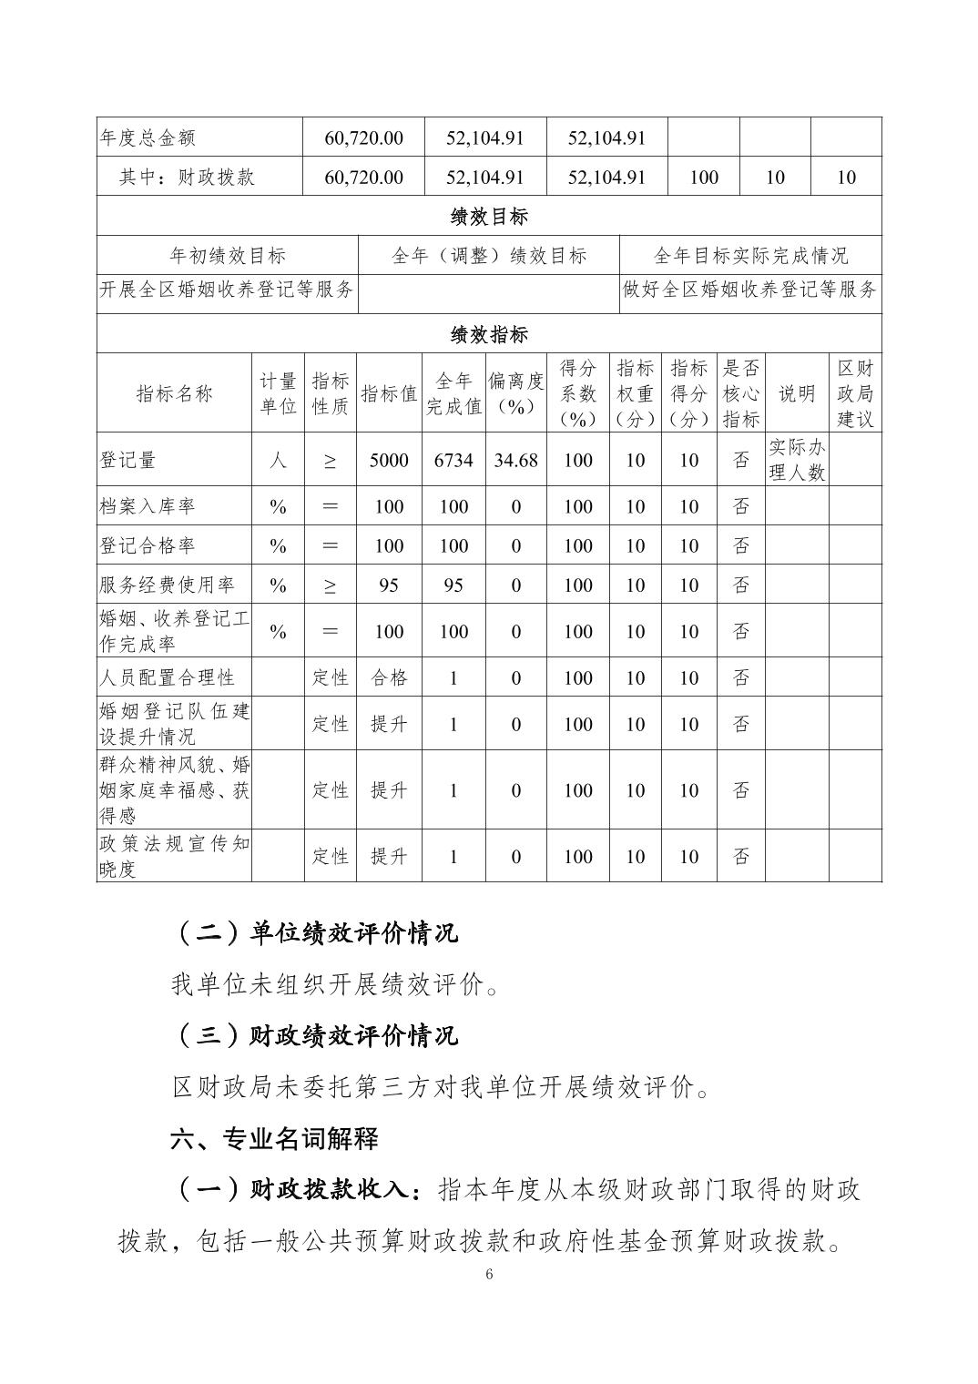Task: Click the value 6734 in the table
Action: pos(453,461)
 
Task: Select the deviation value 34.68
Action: pos(515,461)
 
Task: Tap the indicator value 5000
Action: pos(389,461)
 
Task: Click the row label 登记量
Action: pos(128,461)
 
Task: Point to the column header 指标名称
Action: pos(174,393)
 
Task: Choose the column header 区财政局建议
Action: pos(854,393)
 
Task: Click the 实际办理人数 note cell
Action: pos(796,460)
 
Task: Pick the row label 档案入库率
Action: pos(148,506)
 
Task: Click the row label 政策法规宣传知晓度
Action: pos(174,856)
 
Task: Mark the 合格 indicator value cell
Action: pos(389,677)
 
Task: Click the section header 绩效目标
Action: pos(489,217)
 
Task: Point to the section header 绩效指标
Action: pos(489,335)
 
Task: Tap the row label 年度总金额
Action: pos(148,138)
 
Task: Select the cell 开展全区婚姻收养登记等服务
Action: pos(227,290)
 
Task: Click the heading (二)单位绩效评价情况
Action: pos(315,933)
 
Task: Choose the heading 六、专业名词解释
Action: pos(274,1138)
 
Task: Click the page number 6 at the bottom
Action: pos(489,1274)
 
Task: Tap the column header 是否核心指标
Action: pos(740,393)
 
